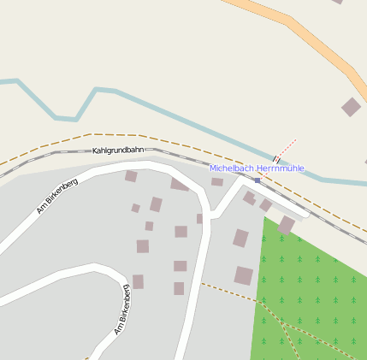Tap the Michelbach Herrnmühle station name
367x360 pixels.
(257, 168)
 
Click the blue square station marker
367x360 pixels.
(257, 180)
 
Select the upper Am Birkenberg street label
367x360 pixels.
(57, 195)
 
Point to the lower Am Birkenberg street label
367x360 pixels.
(123, 310)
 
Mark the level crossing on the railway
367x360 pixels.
(275, 160)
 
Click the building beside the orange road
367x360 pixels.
(351, 107)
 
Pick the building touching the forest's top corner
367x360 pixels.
(286, 225)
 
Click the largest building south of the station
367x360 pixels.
(244, 275)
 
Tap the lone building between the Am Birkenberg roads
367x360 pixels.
(138, 281)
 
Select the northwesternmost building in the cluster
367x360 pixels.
(131, 176)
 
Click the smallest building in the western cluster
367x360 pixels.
(135, 208)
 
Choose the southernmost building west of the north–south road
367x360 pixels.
(179, 288)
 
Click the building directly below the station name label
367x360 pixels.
(217, 181)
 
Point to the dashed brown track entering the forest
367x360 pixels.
(231, 292)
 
